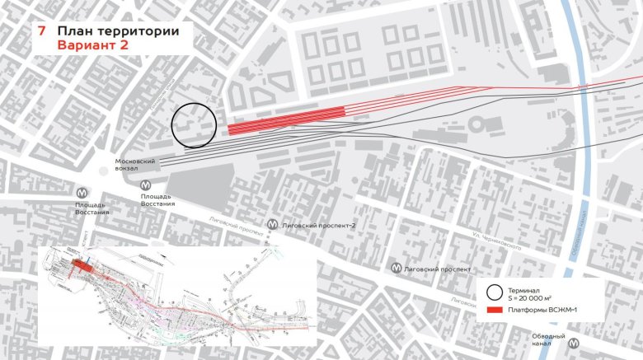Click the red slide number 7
click(x=40, y=30)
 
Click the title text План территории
click(x=118, y=30)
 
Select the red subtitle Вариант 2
click(x=91, y=45)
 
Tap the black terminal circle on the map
click(x=194, y=125)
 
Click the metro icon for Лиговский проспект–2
click(x=272, y=224)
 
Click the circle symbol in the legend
click(x=495, y=292)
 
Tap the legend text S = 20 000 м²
click(x=538, y=297)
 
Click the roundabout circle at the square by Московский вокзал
click(x=102, y=171)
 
